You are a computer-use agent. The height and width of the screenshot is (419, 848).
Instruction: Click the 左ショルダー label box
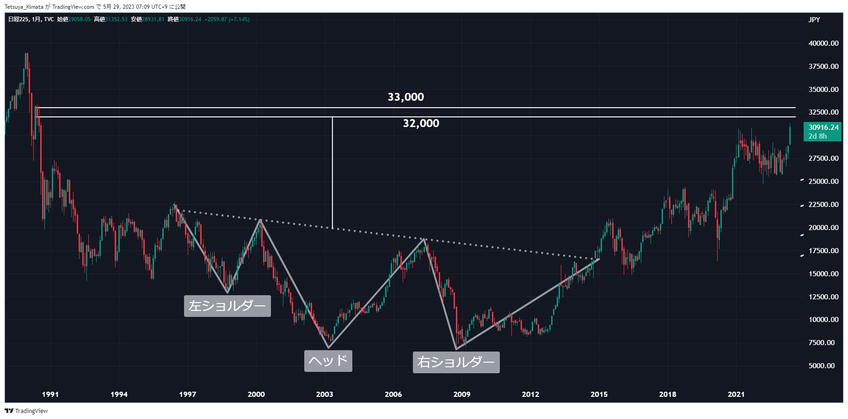coord(227,306)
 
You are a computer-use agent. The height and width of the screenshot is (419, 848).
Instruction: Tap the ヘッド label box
coord(328,361)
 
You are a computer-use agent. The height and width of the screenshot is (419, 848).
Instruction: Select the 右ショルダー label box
coord(456,362)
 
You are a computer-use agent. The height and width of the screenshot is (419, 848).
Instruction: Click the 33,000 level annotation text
coord(406,97)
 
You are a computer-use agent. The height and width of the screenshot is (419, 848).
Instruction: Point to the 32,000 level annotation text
coord(421,123)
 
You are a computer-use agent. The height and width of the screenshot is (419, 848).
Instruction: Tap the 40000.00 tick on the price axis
coord(823,43)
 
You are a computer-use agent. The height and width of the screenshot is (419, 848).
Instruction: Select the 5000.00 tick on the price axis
coord(821,366)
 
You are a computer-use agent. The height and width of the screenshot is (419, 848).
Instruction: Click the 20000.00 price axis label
coord(823,228)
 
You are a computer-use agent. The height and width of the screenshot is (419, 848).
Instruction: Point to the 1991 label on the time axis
coord(50,394)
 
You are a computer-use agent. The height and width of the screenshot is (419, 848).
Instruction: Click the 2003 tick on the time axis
coord(325,394)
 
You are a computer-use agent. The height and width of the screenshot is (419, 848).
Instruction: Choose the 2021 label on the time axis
coord(736,394)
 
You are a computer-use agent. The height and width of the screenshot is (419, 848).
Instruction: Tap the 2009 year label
coord(461,394)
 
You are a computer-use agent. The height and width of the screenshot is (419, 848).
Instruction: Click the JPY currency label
coord(814,19)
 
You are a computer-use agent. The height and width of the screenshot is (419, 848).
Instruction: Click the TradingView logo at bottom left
coord(26,411)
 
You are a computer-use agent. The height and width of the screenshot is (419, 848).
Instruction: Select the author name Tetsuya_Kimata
coord(24,7)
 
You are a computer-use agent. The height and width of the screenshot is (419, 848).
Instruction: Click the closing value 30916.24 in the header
coord(190,19)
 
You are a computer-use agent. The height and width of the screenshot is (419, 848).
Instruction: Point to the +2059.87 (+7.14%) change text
coord(227,19)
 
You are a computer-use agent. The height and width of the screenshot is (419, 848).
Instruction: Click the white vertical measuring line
coord(332,171)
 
